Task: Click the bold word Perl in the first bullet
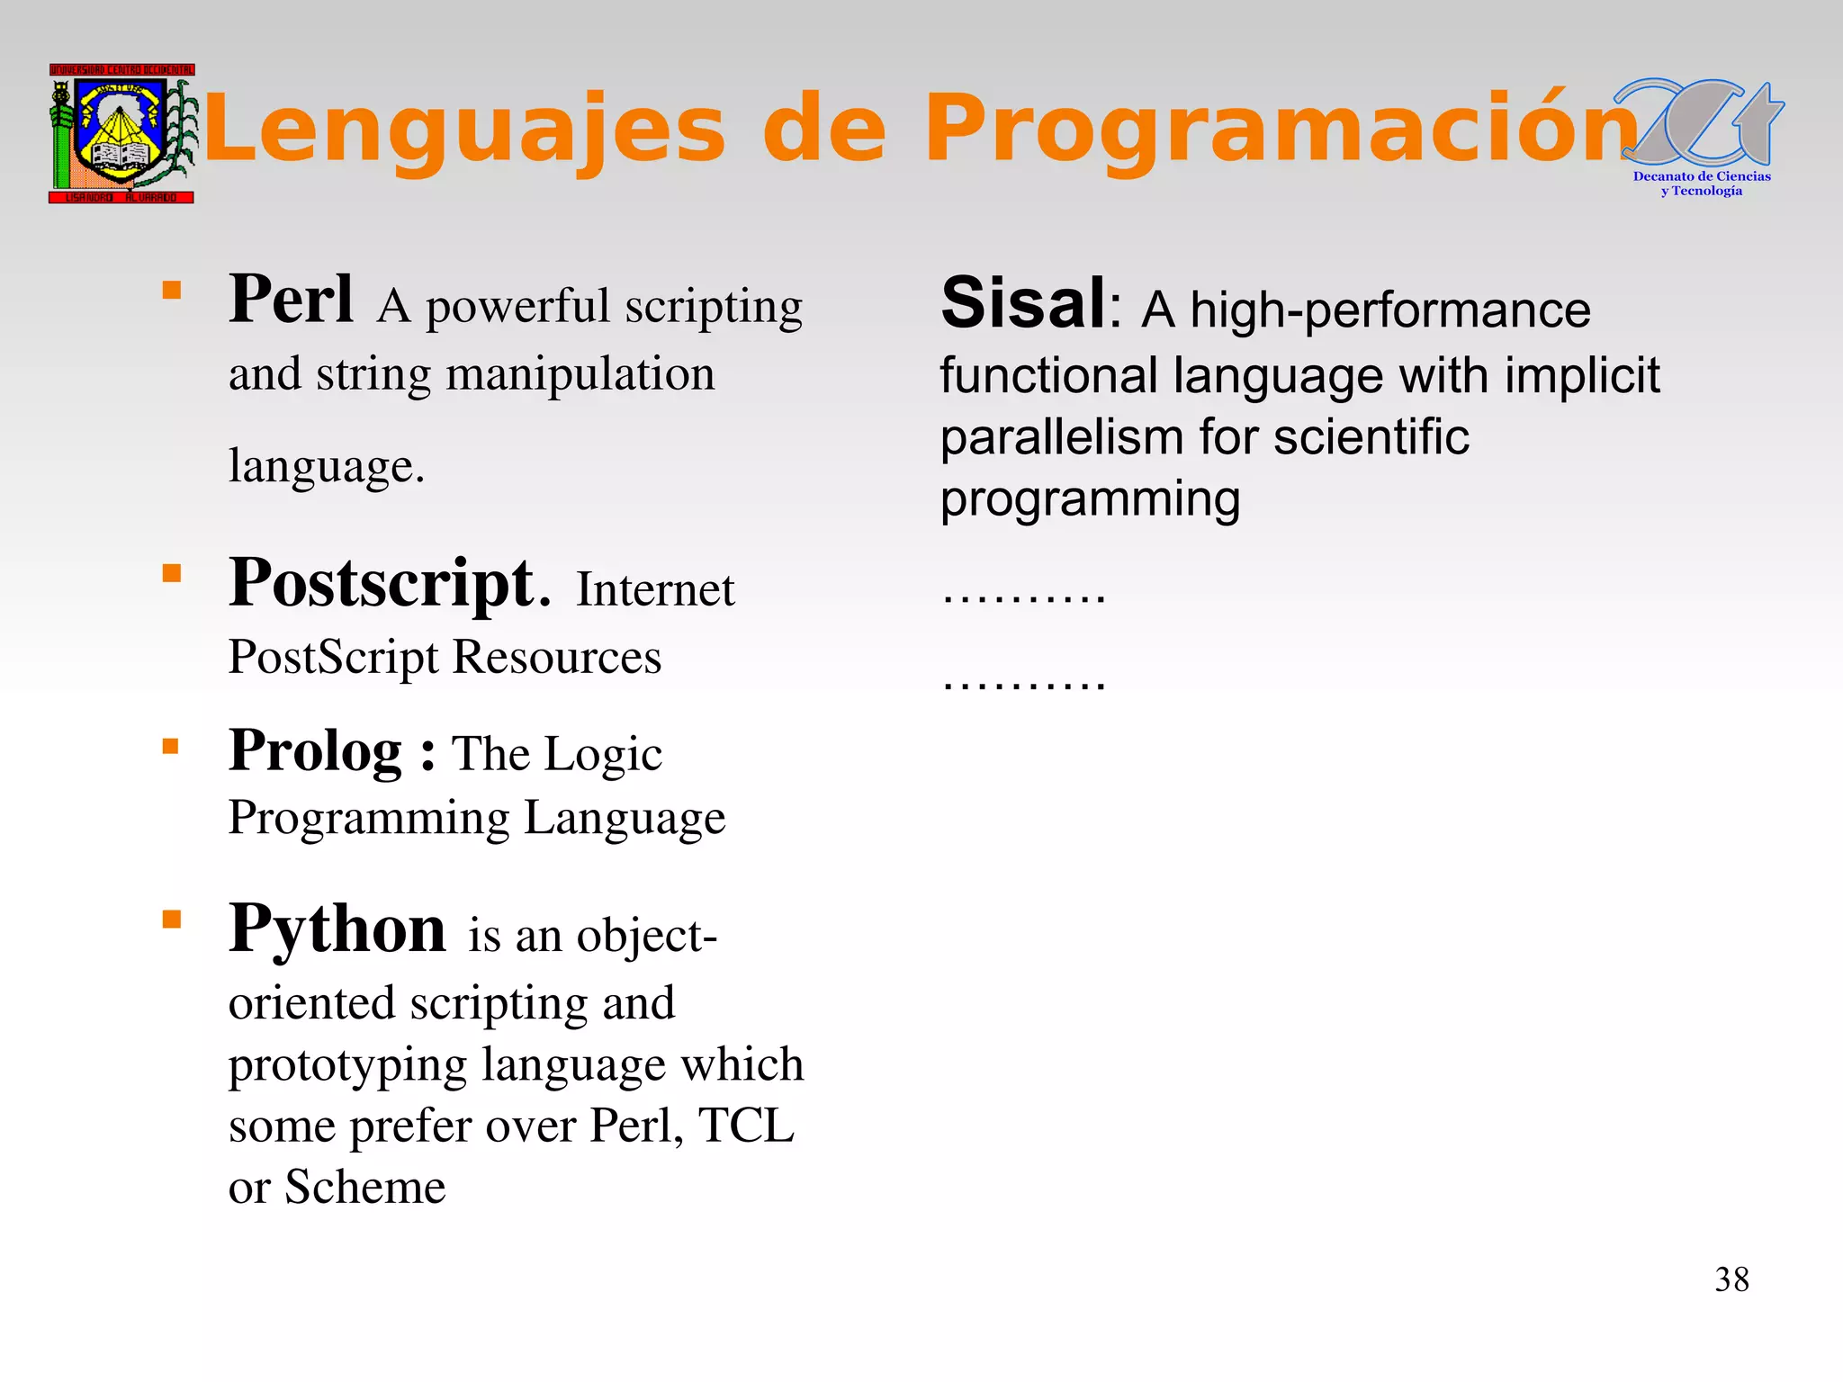pyautogui.click(x=291, y=300)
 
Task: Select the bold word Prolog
pyautogui.click(x=315, y=750)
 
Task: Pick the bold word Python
pyautogui.click(x=337, y=929)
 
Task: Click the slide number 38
pyautogui.click(x=1731, y=1279)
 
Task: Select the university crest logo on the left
pyautogui.click(x=121, y=133)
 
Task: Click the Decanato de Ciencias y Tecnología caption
pyautogui.click(x=1702, y=184)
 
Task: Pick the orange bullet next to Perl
pyautogui.click(x=172, y=290)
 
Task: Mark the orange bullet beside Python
pyautogui.click(x=172, y=919)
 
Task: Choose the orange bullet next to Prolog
pyautogui.click(x=172, y=746)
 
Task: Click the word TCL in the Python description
pyautogui.click(x=746, y=1126)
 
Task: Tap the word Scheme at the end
pyautogui.click(x=365, y=1187)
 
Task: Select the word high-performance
pyautogui.click(x=1390, y=310)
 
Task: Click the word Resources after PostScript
pyautogui.click(x=557, y=657)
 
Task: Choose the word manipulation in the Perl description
pyautogui.click(x=580, y=374)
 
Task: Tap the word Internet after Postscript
pyautogui.click(x=655, y=590)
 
